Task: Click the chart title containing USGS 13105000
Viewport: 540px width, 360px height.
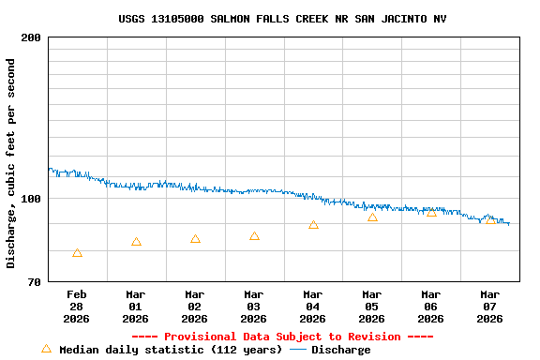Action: pos(282,19)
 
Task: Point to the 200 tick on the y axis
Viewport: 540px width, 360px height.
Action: pos(31,37)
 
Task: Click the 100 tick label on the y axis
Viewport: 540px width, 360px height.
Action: pos(31,199)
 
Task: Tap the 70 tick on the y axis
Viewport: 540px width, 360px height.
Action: pos(34,282)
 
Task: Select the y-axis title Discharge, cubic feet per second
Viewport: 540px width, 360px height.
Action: pos(11,163)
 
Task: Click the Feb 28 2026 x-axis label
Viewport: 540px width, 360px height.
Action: pos(77,307)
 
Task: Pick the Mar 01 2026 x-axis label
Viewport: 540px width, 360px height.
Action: pos(136,307)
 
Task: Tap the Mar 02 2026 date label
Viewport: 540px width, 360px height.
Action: pos(195,307)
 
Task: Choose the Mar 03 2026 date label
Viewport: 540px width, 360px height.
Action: pos(254,307)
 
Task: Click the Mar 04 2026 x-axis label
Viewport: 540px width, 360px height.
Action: pos(313,307)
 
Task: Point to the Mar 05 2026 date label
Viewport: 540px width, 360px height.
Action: pos(372,307)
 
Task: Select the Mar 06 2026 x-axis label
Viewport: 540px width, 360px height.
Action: pos(431,307)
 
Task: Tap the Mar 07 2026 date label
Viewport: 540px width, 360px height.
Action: pos(490,307)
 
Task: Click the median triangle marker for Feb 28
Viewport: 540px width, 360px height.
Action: pos(77,253)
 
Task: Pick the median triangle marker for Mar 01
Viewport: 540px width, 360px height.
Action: pos(136,242)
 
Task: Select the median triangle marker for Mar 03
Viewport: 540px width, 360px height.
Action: pos(254,236)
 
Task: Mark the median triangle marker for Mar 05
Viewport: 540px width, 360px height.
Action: pos(372,217)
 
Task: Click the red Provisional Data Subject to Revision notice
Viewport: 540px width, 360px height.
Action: pos(282,337)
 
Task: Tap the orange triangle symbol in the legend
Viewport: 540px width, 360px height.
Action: pos(46,349)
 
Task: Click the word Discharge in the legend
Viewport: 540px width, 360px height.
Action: pos(340,350)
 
